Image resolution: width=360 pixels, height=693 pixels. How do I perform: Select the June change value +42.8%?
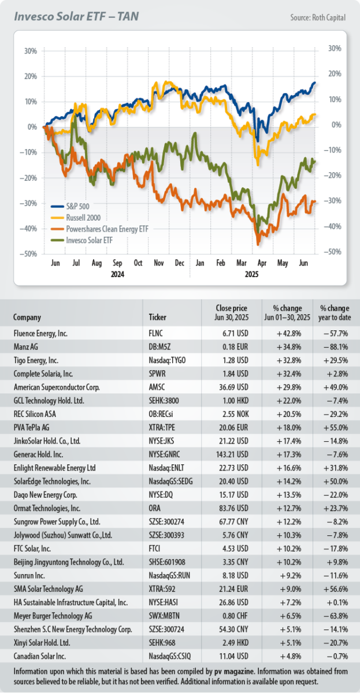coord(284,334)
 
